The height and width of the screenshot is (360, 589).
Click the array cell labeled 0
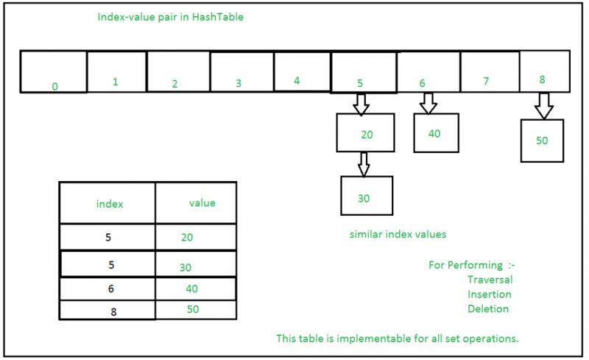click(x=53, y=71)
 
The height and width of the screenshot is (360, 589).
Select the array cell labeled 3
click(x=241, y=71)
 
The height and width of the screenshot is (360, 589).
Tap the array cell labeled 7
click(x=490, y=71)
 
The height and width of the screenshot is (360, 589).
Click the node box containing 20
click(x=366, y=133)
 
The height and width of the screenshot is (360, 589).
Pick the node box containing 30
click(x=367, y=195)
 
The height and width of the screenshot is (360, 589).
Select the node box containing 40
click(x=436, y=133)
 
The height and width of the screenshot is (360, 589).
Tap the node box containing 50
click(x=542, y=141)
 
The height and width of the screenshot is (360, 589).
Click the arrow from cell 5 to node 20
click(x=360, y=104)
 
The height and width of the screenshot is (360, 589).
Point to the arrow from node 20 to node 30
click(x=363, y=163)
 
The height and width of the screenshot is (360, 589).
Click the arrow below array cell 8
click(x=543, y=106)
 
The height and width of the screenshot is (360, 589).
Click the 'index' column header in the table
click(x=109, y=203)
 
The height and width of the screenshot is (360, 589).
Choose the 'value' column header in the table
click(x=202, y=203)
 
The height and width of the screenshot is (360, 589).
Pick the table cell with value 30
click(x=195, y=264)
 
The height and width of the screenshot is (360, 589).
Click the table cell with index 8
click(x=109, y=310)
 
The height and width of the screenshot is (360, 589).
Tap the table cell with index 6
click(x=109, y=289)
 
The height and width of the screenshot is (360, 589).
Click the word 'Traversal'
click(x=490, y=279)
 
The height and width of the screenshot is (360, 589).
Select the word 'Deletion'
click(x=488, y=308)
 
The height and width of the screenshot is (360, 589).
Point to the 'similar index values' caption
click(x=398, y=234)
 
